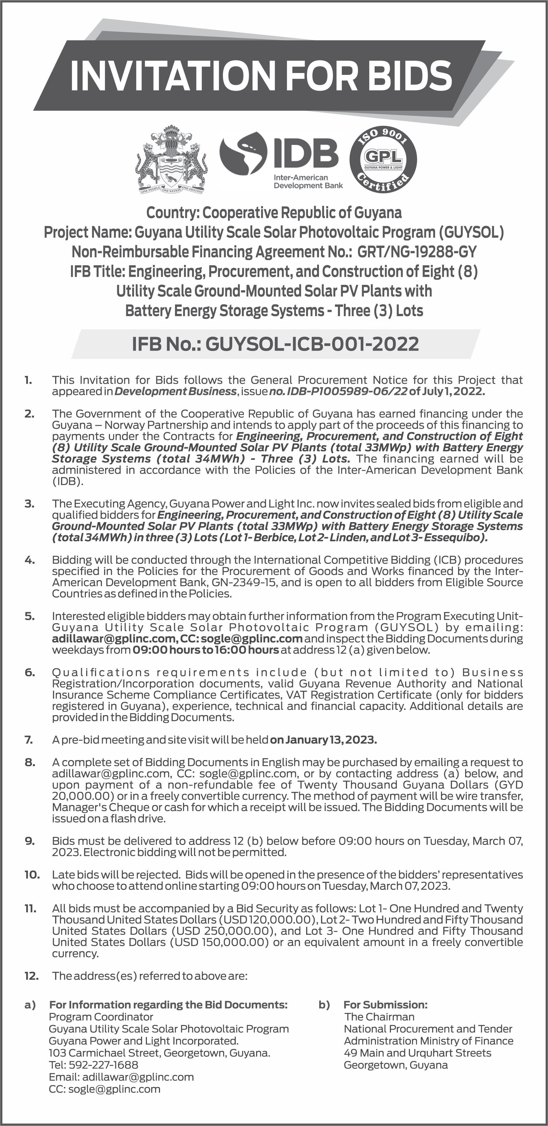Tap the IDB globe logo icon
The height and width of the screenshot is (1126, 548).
243,155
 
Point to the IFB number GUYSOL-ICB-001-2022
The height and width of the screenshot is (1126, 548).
312,344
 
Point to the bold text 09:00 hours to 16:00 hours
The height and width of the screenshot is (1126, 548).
205,650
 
